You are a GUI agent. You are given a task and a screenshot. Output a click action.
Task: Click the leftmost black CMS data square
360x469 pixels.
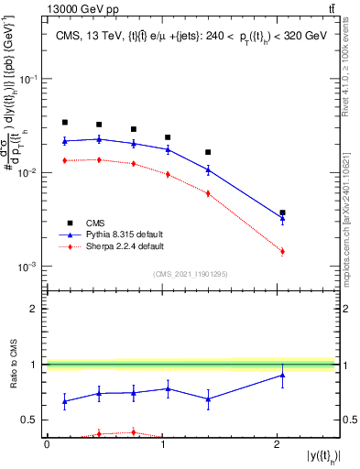click(65, 122)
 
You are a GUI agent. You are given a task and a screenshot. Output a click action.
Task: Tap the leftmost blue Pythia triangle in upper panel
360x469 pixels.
click(65, 141)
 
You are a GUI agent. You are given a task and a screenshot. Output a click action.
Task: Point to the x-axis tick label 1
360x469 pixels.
click(163, 443)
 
